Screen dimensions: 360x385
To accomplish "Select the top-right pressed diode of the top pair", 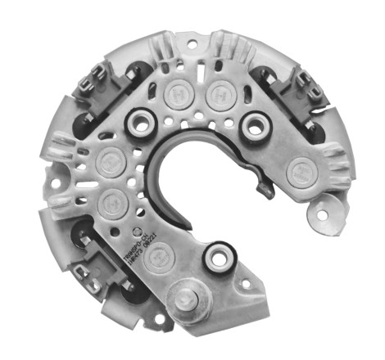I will pos(218,92).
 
